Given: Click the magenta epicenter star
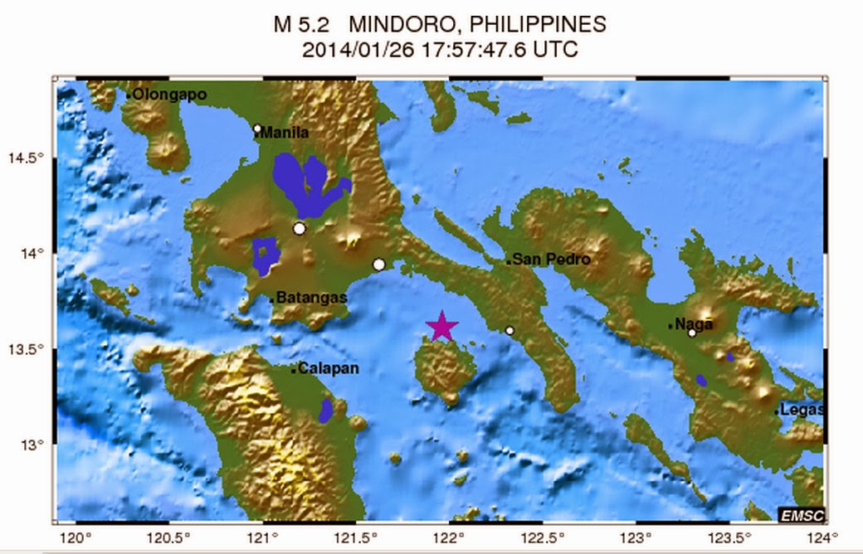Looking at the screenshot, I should [442, 326].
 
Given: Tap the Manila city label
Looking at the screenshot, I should [285, 133].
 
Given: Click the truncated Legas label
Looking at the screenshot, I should [802, 410].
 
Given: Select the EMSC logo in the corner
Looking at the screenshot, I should [801, 516].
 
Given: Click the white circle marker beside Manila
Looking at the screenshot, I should [257, 129].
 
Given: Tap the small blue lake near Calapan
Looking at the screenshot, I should [326, 410].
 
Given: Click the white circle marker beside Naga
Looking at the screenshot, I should [691, 333].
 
